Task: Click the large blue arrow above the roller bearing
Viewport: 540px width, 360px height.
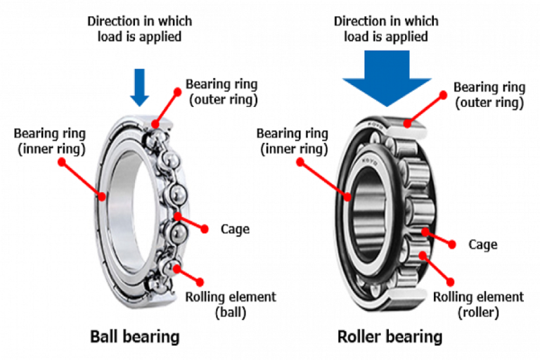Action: coord(386,81)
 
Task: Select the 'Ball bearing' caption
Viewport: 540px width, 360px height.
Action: coord(135,337)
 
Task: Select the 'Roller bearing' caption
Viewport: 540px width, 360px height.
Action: coord(390,337)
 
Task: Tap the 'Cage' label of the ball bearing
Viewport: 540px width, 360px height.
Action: coord(235,229)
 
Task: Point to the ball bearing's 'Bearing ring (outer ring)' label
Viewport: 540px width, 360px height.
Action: coord(221,91)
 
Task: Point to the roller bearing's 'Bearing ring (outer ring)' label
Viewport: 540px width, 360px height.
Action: coord(489,94)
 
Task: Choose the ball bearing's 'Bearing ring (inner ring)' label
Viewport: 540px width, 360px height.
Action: coord(50,140)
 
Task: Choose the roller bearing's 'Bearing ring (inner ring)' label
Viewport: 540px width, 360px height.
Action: coord(292,141)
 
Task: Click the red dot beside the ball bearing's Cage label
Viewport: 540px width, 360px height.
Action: coord(205,229)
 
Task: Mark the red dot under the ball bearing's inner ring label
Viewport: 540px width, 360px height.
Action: coord(62,161)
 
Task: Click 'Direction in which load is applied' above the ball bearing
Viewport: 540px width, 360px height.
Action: coord(139,27)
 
